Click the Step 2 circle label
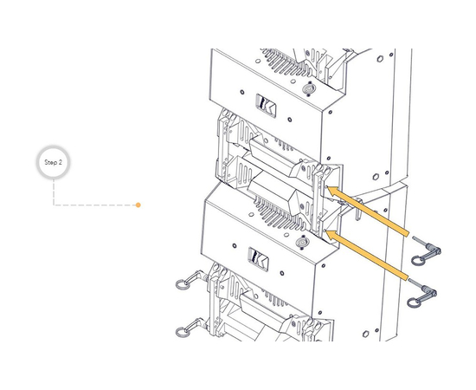coord(54,162)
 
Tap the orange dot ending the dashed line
coord(138,205)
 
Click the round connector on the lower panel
coord(301,241)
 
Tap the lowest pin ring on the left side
coord(183,329)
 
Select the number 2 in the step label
coord(61,162)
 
